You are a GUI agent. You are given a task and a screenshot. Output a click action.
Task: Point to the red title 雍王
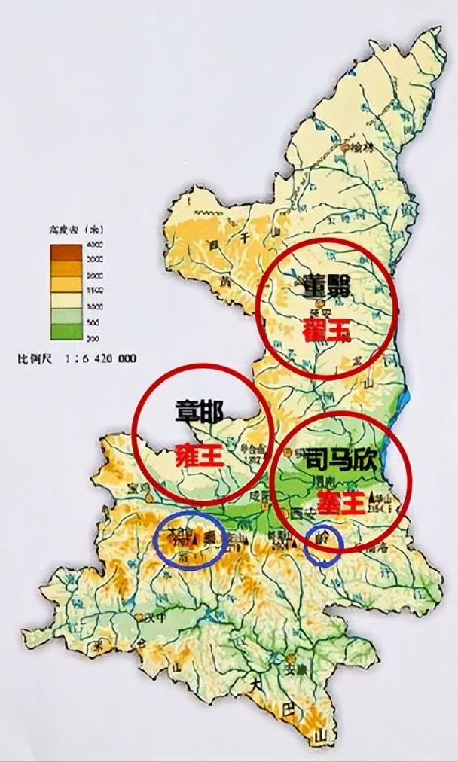click(x=199, y=456)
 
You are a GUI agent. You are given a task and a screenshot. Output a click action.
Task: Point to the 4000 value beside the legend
click(x=95, y=245)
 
